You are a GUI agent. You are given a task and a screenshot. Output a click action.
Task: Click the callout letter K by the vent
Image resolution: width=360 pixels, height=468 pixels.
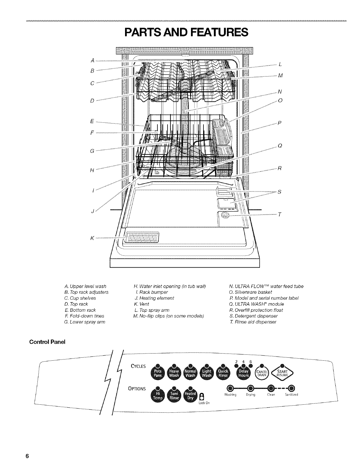click(92, 238)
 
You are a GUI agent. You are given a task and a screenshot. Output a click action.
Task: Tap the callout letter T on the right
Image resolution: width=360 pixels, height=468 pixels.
click(279, 215)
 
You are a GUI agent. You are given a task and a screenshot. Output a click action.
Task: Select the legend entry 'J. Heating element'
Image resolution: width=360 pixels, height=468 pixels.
click(154, 298)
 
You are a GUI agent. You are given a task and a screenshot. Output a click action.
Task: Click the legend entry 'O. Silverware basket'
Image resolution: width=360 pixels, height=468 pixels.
click(251, 292)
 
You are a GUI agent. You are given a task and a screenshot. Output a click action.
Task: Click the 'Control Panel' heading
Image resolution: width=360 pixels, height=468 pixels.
click(47, 342)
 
